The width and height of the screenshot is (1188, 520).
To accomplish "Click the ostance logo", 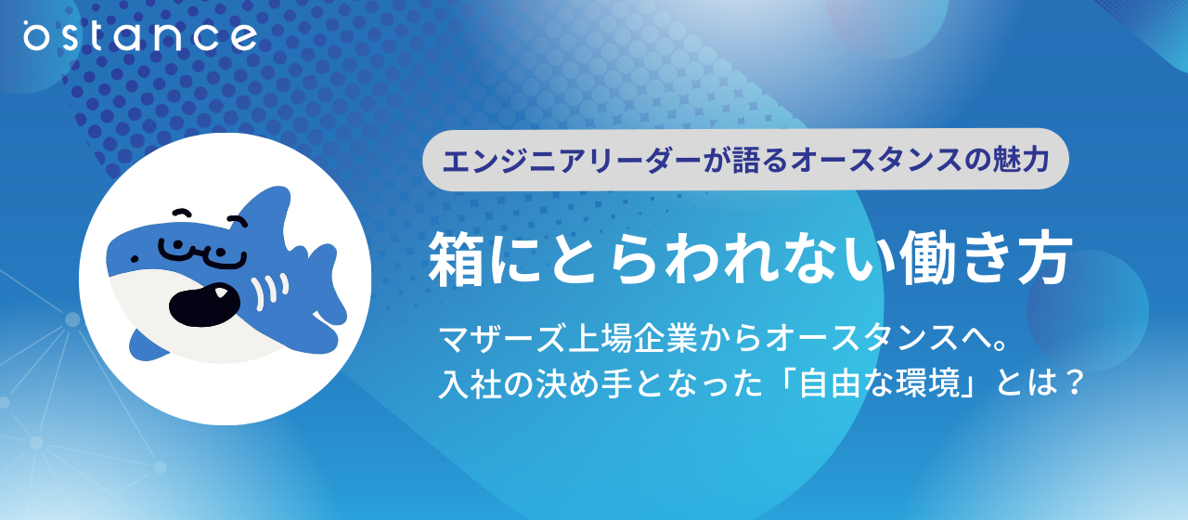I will [x=139, y=37].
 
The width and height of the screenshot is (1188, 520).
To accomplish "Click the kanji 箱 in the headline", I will [x=456, y=259].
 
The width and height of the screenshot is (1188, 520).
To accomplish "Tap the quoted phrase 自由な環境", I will [x=872, y=383].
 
